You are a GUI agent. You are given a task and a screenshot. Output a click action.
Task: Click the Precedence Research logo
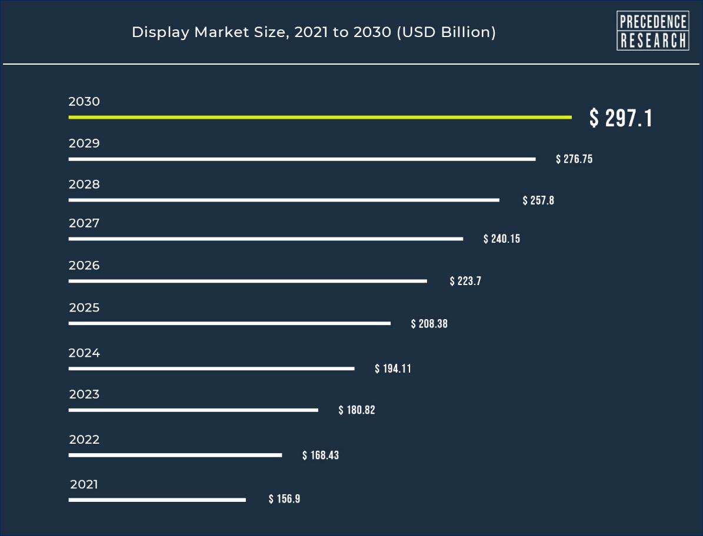tap(652, 31)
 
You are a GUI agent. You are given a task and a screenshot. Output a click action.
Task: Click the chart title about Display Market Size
tap(314, 32)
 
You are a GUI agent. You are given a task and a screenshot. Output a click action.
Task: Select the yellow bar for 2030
tap(319, 118)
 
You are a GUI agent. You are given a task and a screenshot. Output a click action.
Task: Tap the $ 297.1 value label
tap(621, 119)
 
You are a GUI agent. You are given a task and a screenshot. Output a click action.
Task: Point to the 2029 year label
tap(84, 143)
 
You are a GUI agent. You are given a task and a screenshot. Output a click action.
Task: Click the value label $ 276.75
tap(574, 159)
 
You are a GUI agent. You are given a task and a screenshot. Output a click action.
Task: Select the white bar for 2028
tap(284, 200)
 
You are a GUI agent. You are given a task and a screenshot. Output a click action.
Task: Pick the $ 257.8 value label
tap(538, 201)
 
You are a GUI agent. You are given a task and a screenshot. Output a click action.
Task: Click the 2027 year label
tap(84, 223)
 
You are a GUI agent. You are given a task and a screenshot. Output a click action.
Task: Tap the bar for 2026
tap(248, 282)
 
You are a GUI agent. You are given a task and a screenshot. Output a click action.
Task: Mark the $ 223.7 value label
tap(465, 282)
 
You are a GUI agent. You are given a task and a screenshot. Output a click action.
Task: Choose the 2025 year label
tap(84, 308)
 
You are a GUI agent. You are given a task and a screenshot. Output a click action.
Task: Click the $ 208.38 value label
tap(429, 324)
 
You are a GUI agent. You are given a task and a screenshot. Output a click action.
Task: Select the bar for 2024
tap(211, 369)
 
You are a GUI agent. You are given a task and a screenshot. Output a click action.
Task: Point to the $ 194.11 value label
tap(393, 369)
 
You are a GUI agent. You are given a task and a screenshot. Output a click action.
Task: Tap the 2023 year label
tap(84, 394)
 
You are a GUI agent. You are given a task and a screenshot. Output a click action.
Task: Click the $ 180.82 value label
tap(357, 410)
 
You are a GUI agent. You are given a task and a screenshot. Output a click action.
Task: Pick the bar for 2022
tap(175, 455)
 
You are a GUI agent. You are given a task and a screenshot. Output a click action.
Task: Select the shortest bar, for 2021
tap(157, 500)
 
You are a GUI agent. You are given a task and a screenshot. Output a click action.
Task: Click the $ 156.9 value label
tap(284, 500)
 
